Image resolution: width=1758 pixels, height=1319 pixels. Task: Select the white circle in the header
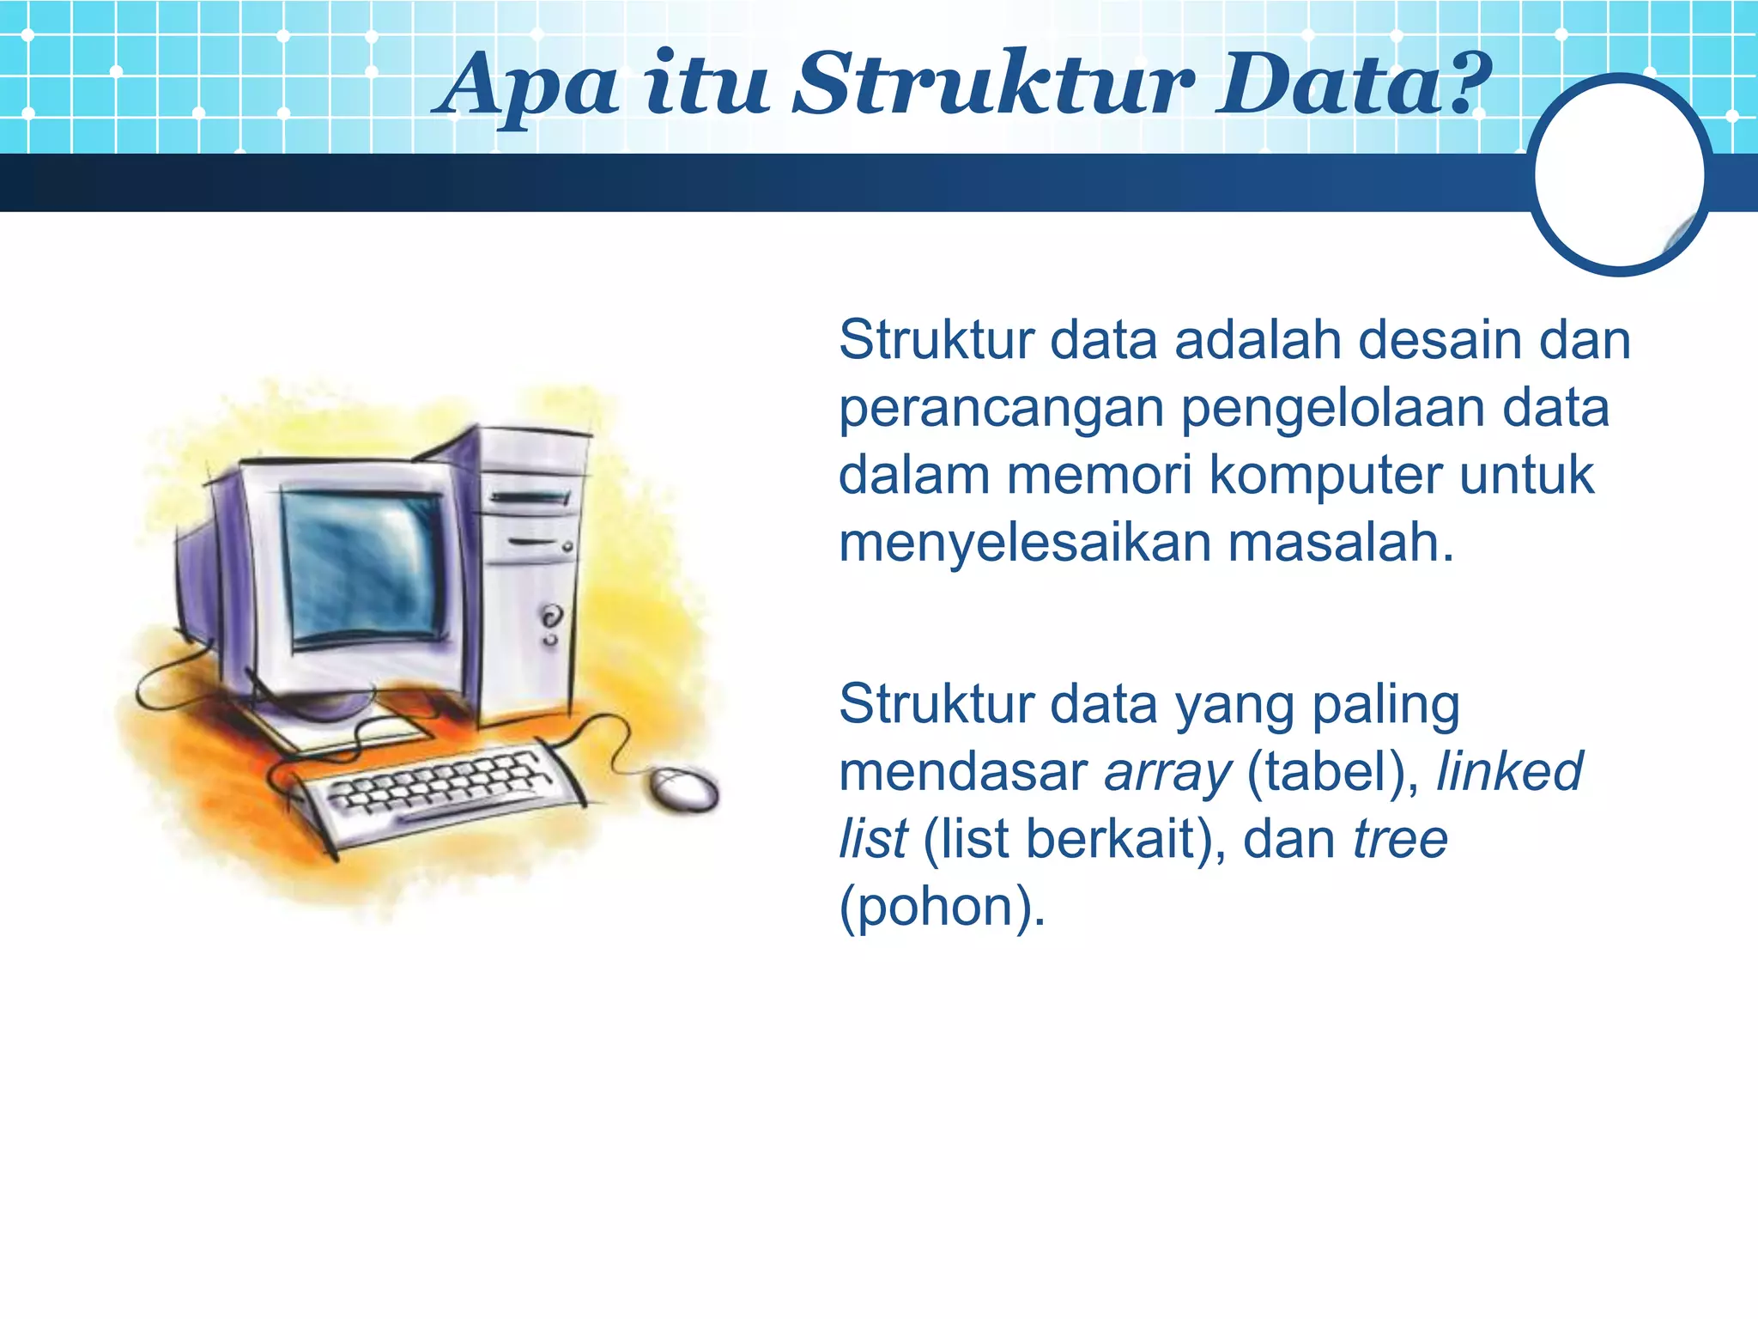point(1619,174)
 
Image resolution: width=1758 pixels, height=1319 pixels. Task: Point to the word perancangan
point(1000,410)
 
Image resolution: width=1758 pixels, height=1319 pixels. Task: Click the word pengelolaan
point(1331,410)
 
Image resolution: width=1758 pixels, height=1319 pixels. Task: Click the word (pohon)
point(942,909)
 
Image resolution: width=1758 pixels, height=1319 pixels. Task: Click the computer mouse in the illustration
point(683,788)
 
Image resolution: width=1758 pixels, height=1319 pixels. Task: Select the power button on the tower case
point(551,617)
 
